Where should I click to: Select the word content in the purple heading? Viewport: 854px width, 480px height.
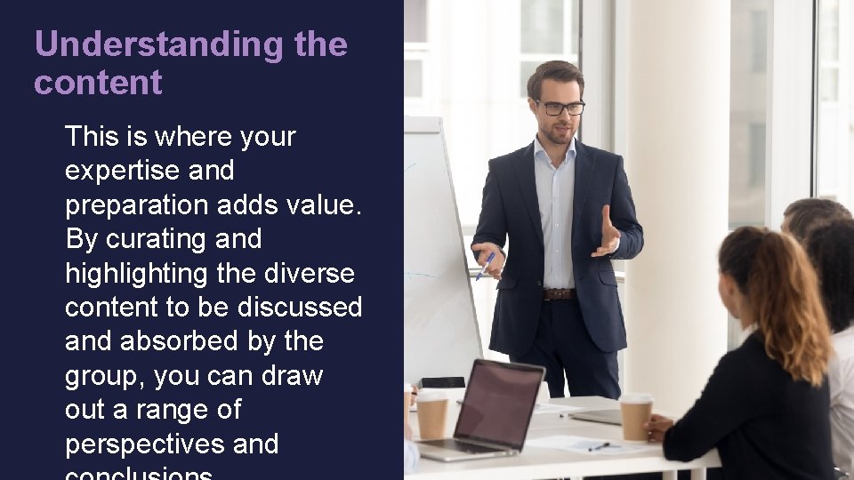coord(98,83)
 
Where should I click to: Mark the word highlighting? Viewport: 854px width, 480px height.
coord(137,273)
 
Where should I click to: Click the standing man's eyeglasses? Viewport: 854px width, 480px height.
coord(560,108)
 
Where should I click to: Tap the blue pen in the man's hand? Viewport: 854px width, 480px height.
coord(485,264)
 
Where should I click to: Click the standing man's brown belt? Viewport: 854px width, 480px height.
coord(559,293)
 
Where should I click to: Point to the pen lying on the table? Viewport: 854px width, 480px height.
coord(598,446)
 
